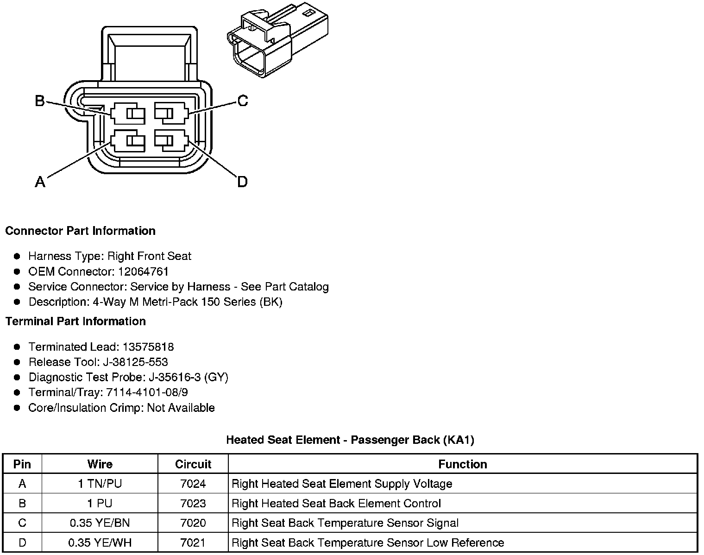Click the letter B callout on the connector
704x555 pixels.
coord(40,101)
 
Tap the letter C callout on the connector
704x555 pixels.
coord(243,101)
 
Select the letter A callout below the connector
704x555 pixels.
coord(40,182)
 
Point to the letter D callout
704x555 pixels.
coord(242,182)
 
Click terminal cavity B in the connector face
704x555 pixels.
coord(128,114)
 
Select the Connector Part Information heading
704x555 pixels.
coord(80,231)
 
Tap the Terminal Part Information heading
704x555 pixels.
coord(75,321)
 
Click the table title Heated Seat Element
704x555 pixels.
coord(350,440)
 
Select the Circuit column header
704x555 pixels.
coord(193,464)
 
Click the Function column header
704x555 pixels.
coord(462,464)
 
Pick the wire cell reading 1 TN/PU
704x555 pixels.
coord(100,484)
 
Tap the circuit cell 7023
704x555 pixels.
coord(193,503)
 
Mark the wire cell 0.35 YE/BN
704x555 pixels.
coord(100,523)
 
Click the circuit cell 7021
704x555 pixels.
coord(193,542)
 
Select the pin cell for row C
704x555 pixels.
coord(22,523)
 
